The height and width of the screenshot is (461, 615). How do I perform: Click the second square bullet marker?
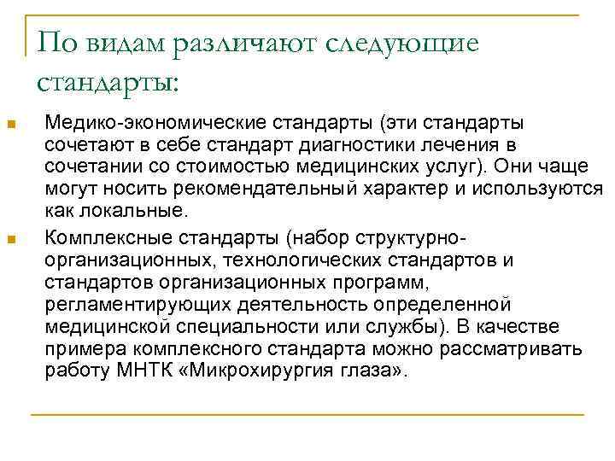pos(11,242)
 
